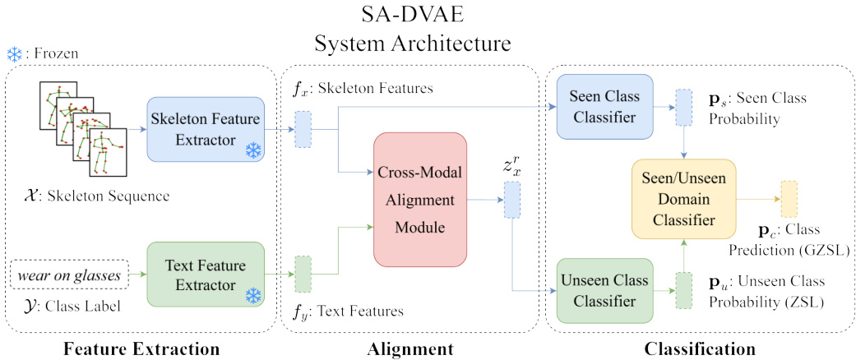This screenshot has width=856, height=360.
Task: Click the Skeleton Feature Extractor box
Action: coord(206,129)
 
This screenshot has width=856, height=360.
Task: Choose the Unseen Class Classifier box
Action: coord(604,291)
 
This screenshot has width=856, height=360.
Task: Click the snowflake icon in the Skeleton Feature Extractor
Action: coord(252,150)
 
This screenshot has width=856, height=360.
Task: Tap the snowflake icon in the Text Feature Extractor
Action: coord(252,294)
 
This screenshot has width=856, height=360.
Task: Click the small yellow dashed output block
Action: coord(789,196)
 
